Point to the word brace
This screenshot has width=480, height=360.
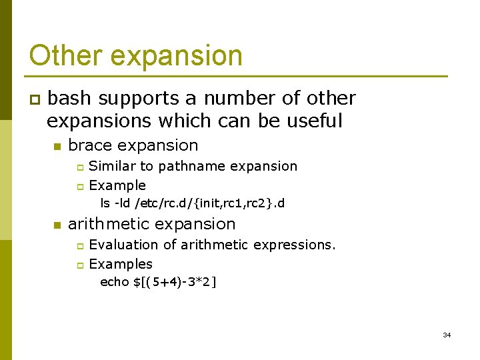(89, 145)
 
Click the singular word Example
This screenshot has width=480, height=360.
(117, 185)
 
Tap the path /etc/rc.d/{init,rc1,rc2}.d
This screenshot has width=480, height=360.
(210, 203)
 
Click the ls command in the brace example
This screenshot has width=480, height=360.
(105, 203)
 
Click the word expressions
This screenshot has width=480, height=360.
(295, 245)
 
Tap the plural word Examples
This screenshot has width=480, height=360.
(121, 264)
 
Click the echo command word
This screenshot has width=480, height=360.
(114, 282)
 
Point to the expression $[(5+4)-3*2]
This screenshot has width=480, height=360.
(175, 282)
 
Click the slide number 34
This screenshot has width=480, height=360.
(447, 335)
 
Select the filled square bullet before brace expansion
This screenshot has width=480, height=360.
(57, 146)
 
